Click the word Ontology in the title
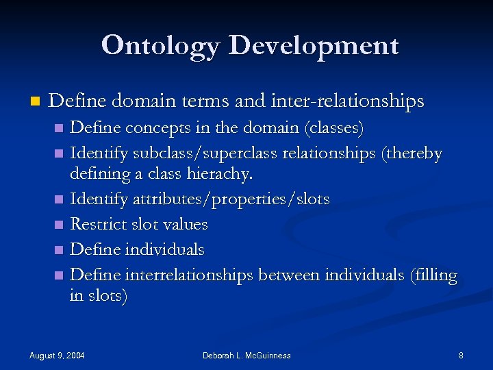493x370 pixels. pos(160,45)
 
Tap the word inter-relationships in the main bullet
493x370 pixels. pos(357,101)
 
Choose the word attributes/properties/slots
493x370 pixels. pos(233,199)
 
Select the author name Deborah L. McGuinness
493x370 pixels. pos(246,355)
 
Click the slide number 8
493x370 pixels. pos(461,355)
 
